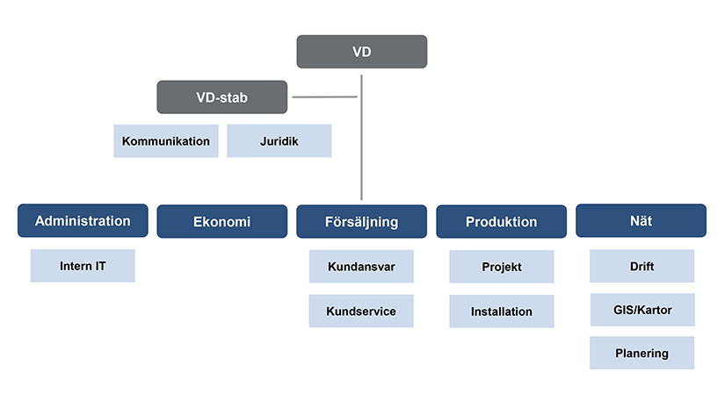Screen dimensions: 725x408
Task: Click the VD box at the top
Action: (x=361, y=52)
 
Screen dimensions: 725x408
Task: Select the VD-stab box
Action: (x=222, y=97)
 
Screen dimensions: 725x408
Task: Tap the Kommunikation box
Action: (x=166, y=140)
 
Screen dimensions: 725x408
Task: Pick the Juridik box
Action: (x=279, y=140)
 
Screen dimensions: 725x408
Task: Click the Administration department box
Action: (x=83, y=220)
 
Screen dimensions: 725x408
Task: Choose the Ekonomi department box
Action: (x=222, y=221)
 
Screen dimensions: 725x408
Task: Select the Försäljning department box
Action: (x=361, y=221)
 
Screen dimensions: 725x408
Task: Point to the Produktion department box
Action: (x=501, y=221)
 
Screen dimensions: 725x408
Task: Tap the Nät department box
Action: (x=641, y=220)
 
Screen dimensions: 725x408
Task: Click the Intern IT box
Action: (x=83, y=266)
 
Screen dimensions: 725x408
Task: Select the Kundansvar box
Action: (x=361, y=267)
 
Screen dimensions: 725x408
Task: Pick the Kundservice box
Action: (x=361, y=311)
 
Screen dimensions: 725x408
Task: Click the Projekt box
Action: (x=502, y=267)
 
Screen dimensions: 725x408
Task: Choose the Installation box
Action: (x=502, y=311)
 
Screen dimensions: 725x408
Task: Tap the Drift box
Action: (x=642, y=266)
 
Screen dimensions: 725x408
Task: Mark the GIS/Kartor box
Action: (x=642, y=310)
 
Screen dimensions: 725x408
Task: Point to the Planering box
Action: (x=642, y=353)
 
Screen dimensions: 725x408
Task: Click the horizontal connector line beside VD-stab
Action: (x=324, y=97)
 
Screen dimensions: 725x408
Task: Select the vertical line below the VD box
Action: (x=361, y=138)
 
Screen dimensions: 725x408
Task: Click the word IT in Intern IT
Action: (x=101, y=266)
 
